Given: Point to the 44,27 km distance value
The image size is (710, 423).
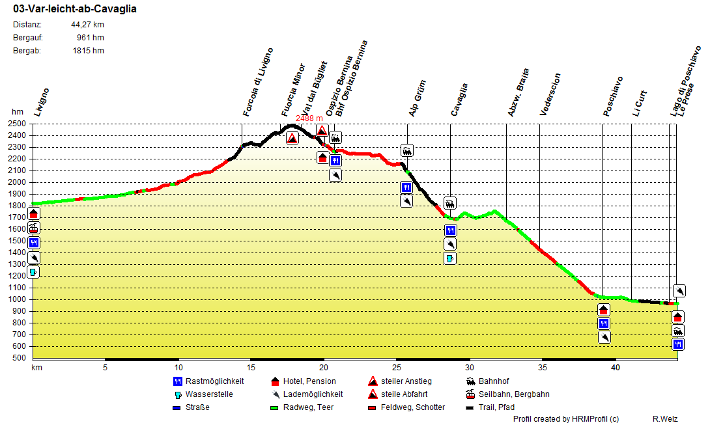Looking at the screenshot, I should click(87, 25).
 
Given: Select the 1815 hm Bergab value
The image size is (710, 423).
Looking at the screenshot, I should click(88, 51).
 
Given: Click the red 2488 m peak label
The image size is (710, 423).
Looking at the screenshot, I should click(309, 118).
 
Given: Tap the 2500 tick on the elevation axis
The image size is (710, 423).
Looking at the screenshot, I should click(18, 124).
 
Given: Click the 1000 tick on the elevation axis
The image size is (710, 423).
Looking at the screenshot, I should click(18, 299).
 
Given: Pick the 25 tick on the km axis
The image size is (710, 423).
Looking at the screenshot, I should click(396, 368).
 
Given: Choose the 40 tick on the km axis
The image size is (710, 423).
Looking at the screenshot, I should click(614, 368).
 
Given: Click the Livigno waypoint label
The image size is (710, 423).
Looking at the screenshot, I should click(42, 102).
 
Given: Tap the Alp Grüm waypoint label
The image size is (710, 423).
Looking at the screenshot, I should click(417, 99).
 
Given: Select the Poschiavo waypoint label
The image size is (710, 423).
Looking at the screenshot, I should click(613, 96).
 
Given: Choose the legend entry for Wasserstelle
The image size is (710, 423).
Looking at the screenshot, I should click(208, 394).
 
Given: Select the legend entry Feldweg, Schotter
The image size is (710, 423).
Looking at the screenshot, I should click(413, 407).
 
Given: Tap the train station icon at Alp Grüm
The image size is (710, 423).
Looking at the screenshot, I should click(407, 151).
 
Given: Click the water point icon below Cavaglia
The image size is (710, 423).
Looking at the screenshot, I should click(450, 258).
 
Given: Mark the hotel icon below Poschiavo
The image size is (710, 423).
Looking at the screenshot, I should click(604, 310).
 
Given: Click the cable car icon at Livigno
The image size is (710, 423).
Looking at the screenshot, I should click(34, 228).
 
